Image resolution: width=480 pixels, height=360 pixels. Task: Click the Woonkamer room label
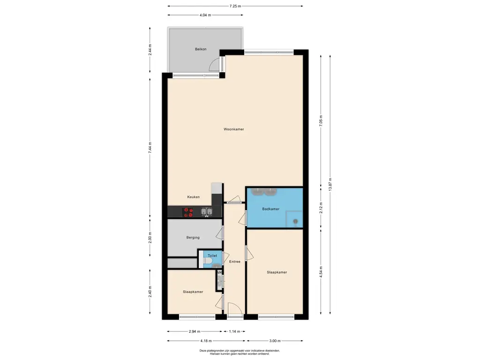(x=233, y=129)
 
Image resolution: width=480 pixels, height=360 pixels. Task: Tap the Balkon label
(x=201, y=49)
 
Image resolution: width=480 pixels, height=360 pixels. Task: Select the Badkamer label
(x=270, y=209)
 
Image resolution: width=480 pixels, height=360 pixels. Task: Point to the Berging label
(x=193, y=238)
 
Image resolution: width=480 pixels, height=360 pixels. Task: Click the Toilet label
(x=212, y=255)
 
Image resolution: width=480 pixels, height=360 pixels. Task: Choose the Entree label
(x=235, y=262)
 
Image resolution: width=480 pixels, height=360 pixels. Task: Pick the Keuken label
(x=194, y=197)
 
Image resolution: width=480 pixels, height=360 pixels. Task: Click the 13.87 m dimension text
(x=330, y=185)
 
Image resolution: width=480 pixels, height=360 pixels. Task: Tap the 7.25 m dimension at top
(x=235, y=6)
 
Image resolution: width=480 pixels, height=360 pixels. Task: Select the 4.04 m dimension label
(x=205, y=15)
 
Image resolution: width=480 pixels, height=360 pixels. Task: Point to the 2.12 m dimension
(x=321, y=208)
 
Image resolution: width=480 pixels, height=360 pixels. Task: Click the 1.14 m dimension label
(x=234, y=331)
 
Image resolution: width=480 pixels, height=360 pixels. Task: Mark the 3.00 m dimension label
(x=275, y=341)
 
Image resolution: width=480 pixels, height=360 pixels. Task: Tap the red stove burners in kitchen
(x=188, y=212)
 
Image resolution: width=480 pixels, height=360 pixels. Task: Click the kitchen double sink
(x=206, y=211)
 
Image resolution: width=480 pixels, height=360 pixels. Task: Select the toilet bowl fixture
(x=207, y=261)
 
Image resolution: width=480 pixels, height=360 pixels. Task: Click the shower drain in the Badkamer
(x=295, y=221)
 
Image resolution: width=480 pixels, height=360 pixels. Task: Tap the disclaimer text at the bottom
(x=240, y=352)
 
